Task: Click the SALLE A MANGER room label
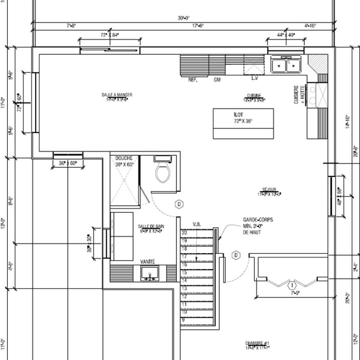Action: (117, 94)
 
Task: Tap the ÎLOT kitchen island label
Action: (243, 115)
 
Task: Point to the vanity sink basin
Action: (148, 273)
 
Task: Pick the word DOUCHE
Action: (123, 158)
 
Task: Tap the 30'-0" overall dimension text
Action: (183, 18)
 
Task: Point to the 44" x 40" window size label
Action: (285, 35)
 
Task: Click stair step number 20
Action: (184, 233)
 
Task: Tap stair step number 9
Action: (184, 319)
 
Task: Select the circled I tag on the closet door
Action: (292, 285)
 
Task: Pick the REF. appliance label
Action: (193, 79)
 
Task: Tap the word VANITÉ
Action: (148, 261)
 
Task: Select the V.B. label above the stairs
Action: (196, 224)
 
